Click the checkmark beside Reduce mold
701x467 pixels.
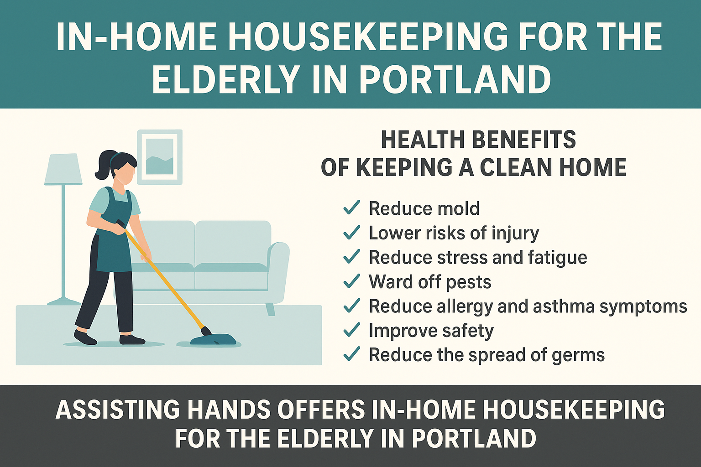pyautogui.click(x=352, y=208)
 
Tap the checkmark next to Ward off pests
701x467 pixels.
pyautogui.click(x=352, y=281)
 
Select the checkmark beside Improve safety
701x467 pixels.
pyautogui.click(x=352, y=330)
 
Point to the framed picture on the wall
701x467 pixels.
pyautogui.click(x=160, y=157)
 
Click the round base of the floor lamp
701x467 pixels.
pyautogui.click(x=64, y=302)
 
